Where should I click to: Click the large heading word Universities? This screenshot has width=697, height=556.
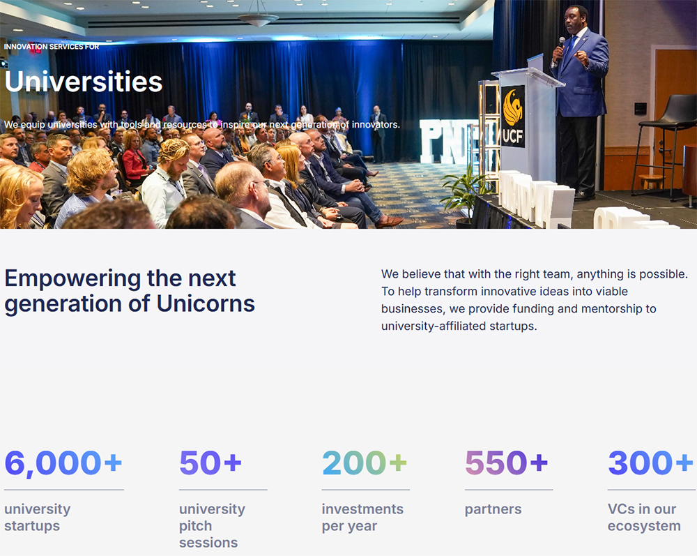click(x=84, y=82)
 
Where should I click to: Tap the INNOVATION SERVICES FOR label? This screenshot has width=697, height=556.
click(x=52, y=47)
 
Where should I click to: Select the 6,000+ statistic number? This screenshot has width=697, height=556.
click(x=63, y=463)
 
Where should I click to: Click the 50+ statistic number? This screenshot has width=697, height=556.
click(x=210, y=463)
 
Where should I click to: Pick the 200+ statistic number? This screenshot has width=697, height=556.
click(x=365, y=463)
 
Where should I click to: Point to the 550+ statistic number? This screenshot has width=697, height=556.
click(x=506, y=463)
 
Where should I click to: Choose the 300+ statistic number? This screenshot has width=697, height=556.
click(x=650, y=463)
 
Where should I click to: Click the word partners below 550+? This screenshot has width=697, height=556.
click(x=493, y=510)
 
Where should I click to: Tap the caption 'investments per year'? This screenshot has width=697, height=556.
click(x=362, y=518)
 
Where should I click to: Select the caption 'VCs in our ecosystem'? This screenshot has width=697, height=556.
click(x=644, y=518)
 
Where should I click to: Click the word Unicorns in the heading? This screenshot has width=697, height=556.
click(x=206, y=303)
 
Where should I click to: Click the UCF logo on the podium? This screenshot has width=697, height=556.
click(x=513, y=117)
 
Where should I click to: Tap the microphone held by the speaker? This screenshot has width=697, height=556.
click(x=560, y=48)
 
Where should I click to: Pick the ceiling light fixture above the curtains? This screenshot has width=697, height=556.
click(x=258, y=19)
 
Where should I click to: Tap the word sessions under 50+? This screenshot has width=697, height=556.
click(x=208, y=543)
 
